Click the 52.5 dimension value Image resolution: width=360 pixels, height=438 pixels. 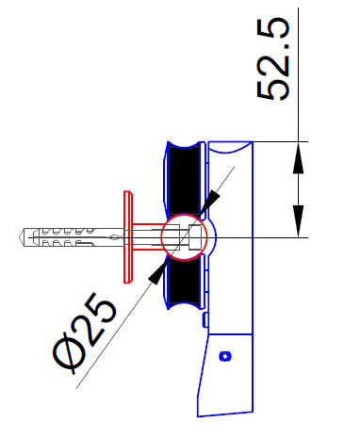tap(272, 59)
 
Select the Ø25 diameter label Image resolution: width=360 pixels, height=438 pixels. tap(85, 333)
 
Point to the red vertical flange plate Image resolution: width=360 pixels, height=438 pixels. tap(128, 237)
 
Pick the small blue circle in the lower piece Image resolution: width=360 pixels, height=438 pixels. tap(225, 356)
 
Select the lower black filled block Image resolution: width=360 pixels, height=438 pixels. tap(185, 281)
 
